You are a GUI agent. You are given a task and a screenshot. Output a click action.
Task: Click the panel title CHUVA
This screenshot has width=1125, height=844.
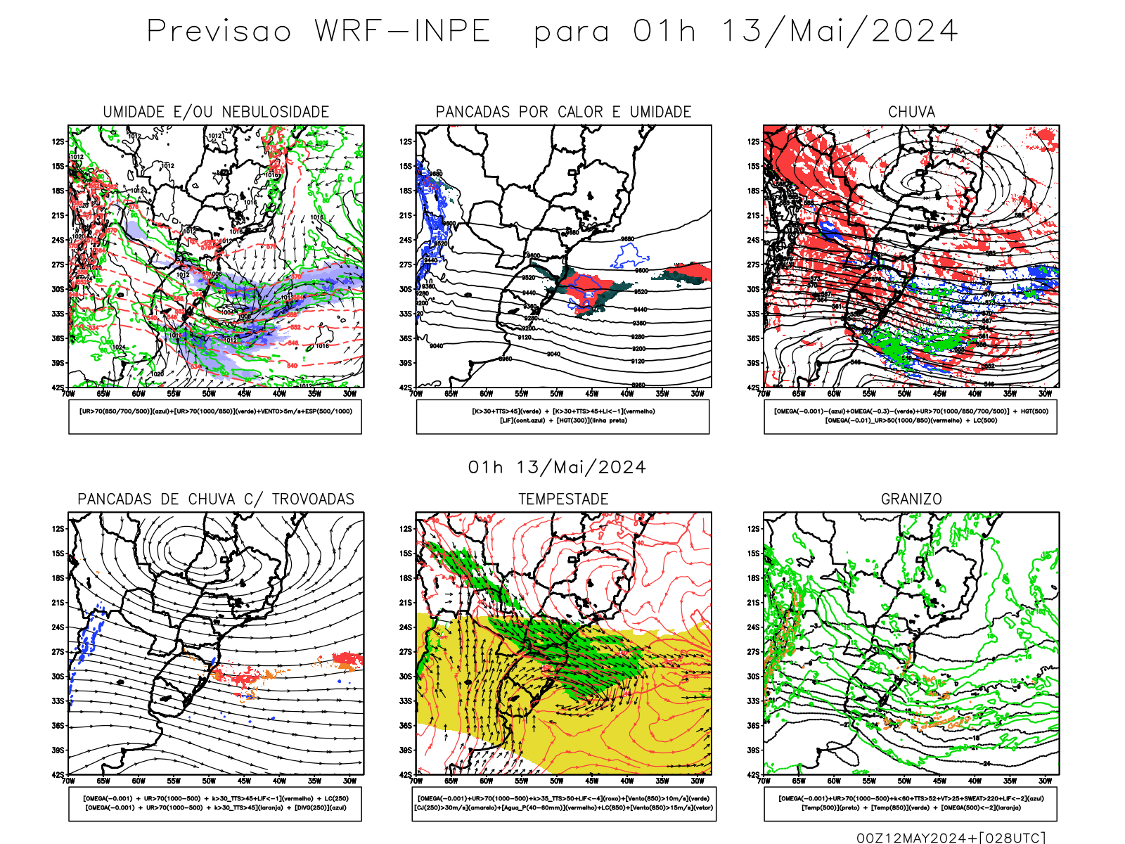(911, 112)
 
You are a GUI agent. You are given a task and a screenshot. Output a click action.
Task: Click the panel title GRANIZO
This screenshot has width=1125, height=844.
(911, 499)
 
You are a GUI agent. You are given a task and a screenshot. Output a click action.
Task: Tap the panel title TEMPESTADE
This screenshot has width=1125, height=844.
(563, 499)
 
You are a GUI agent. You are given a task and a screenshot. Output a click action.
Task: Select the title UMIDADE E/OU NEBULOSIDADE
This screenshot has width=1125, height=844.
(216, 112)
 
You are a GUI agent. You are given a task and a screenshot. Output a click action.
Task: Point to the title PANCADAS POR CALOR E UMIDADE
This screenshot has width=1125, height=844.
(563, 112)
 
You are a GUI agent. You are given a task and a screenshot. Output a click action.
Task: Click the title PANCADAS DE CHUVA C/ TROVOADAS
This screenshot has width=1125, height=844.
(216, 499)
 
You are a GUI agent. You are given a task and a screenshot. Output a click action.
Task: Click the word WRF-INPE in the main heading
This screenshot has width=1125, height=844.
(402, 31)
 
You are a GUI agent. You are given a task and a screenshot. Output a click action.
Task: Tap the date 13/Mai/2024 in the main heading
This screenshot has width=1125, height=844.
(839, 31)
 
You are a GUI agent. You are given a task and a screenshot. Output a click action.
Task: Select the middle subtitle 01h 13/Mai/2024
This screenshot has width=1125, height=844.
(557, 468)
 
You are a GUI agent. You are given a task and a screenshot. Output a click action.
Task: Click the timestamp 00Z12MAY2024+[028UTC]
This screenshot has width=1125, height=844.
(951, 838)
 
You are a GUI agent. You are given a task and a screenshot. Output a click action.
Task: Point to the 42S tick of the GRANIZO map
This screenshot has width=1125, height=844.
(754, 774)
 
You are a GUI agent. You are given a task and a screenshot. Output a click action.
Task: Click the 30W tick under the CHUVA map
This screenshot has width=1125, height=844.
(1045, 394)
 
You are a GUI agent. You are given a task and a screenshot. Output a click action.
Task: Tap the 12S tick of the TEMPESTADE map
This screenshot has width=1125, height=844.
(406, 529)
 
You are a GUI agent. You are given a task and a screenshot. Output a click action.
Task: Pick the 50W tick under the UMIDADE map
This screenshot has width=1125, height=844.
(209, 394)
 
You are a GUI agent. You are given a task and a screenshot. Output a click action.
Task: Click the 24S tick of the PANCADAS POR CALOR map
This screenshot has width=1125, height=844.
(406, 240)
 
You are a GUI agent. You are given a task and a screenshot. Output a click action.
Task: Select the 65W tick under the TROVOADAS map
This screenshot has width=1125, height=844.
(103, 781)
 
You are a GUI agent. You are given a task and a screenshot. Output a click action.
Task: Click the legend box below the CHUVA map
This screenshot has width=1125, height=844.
(911, 416)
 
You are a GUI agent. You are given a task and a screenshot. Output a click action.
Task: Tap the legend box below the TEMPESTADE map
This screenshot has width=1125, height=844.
(563, 803)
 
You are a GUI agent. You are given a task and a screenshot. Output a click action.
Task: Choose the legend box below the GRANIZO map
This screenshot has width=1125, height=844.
(911, 803)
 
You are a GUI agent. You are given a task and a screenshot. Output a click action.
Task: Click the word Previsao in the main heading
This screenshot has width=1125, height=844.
(219, 31)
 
